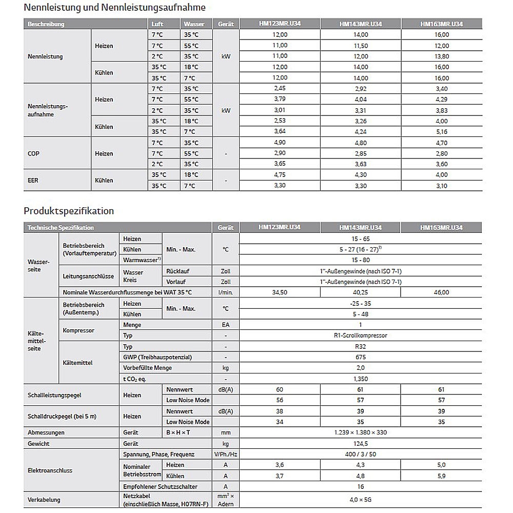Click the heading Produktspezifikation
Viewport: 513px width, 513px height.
point(69,211)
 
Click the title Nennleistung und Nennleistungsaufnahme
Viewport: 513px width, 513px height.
point(114,8)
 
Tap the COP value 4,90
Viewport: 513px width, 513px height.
point(280,143)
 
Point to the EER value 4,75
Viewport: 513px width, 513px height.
point(280,175)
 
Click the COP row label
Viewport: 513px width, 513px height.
point(33,153)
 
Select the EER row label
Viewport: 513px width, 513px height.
point(33,180)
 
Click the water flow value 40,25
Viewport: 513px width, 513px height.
point(361,292)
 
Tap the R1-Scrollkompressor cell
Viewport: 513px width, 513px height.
point(360,336)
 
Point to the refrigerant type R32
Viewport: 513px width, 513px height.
point(360,346)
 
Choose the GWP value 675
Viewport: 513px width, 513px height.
point(360,357)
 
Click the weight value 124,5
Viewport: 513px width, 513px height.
point(360,443)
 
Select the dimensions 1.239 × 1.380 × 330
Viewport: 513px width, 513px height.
point(360,432)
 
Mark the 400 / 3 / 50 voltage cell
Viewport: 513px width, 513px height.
point(360,454)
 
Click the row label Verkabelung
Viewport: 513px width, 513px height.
point(44,500)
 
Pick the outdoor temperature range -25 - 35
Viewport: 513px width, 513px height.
point(360,303)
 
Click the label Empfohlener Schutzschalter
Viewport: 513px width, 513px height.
point(160,486)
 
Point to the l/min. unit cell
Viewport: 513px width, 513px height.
point(225,292)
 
